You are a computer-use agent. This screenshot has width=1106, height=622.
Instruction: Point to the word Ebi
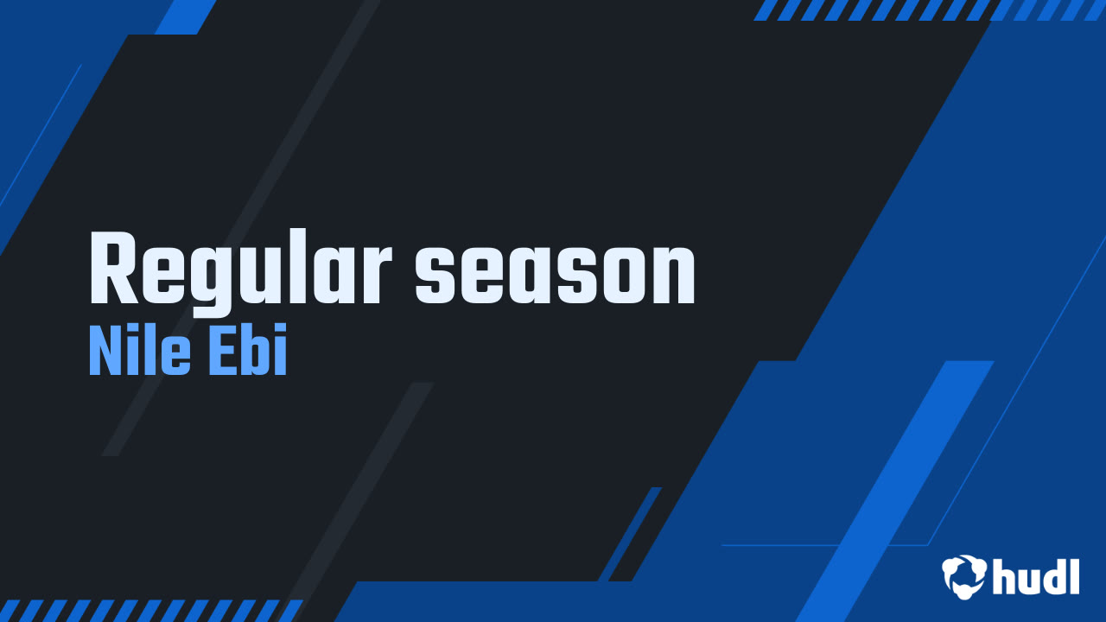pos(249,352)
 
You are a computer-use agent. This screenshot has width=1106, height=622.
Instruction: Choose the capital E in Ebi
pos(222,352)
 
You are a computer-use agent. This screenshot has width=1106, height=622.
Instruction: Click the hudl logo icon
pos(964,577)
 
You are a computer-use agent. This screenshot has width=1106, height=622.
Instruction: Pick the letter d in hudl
pos(1054,576)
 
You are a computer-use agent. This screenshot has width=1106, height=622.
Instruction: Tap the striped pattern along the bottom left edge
pos(147,610)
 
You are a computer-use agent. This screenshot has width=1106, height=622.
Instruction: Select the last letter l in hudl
pos(1074,576)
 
